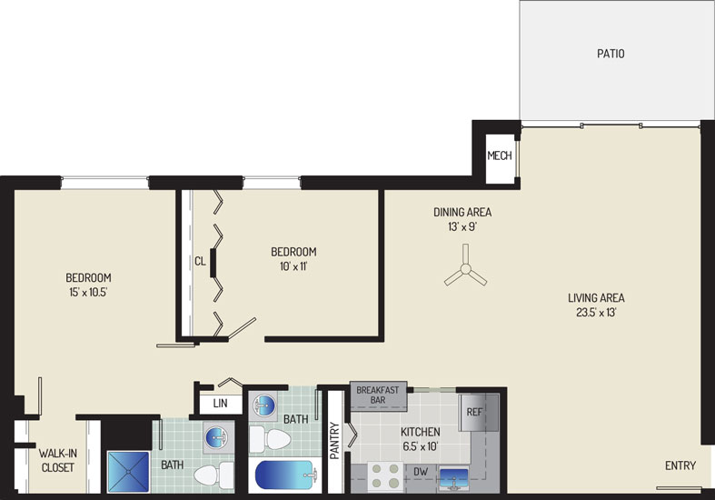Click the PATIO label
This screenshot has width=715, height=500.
click(x=611, y=54)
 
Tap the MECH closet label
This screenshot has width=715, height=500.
click(x=500, y=156)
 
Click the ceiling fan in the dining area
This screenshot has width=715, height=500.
click(x=465, y=268)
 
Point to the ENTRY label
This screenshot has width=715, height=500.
click(x=680, y=465)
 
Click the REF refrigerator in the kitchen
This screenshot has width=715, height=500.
click(x=479, y=413)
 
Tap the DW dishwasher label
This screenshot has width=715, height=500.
click(x=421, y=472)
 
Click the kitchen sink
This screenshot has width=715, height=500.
click(x=453, y=478)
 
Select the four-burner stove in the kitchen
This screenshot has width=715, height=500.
click(x=386, y=477)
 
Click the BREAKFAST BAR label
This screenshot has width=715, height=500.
click(x=378, y=395)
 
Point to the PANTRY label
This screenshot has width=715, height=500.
click(x=334, y=441)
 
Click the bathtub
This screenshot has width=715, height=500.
click(x=286, y=475)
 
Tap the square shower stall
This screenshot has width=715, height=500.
click(x=129, y=472)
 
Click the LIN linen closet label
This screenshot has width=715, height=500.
click(x=220, y=404)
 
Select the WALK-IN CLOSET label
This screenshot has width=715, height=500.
click(x=57, y=460)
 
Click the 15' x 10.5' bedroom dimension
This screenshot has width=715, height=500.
click(x=88, y=293)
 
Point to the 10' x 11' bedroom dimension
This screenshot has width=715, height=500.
click(x=293, y=266)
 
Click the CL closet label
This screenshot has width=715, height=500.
click(x=200, y=262)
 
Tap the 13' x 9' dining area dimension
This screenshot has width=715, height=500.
click(x=462, y=226)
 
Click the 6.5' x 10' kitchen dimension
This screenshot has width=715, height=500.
click(x=421, y=446)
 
